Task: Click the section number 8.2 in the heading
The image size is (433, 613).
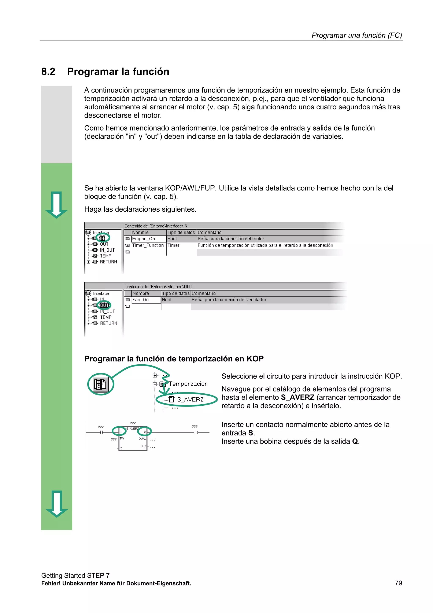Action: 48,72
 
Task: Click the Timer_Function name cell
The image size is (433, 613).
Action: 148,245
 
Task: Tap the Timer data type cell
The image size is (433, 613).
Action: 173,245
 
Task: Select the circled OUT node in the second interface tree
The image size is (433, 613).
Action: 104,305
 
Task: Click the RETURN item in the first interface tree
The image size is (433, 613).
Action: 108,262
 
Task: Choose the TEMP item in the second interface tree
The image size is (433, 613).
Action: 106,317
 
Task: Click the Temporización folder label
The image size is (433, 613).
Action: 188,384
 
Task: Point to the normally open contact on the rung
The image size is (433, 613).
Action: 101,432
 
